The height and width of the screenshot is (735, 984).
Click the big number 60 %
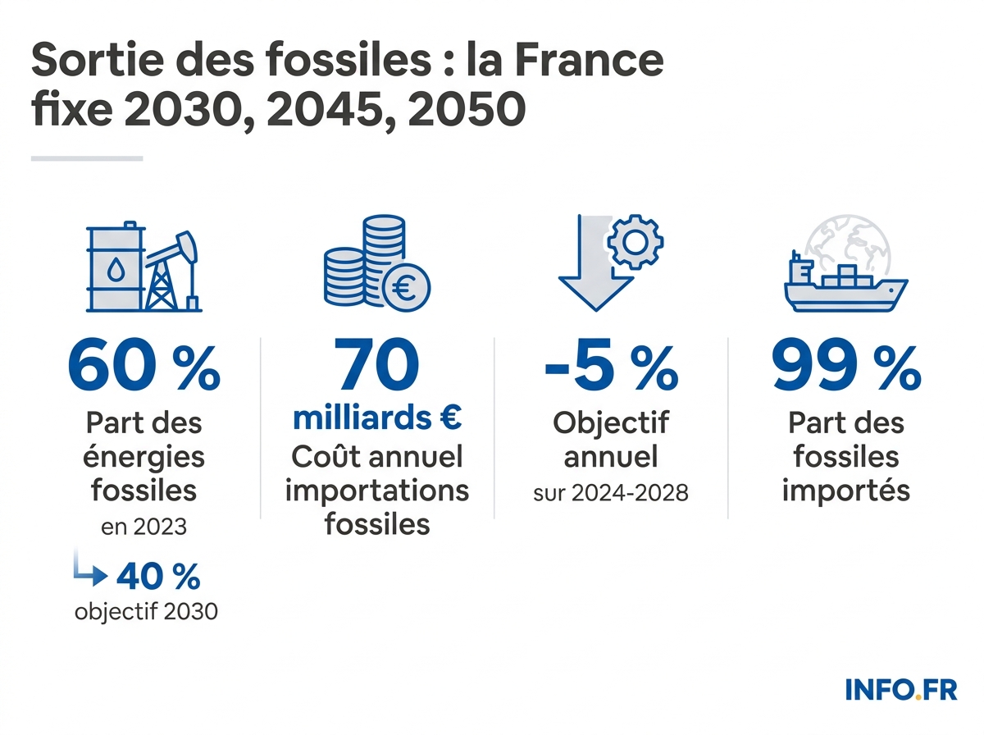(x=143, y=366)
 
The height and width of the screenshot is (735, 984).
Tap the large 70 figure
(x=377, y=366)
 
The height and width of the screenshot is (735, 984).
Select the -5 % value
(x=611, y=366)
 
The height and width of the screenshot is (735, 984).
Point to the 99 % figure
(x=845, y=366)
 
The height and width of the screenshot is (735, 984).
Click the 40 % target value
(x=158, y=577)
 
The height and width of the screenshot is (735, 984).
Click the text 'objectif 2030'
(x=146, y=612)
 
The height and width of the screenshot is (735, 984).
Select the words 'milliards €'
(x=377, y=418)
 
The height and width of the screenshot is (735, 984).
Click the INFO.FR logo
(x=900, y=689)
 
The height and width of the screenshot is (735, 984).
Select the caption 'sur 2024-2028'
(x=611, y=493)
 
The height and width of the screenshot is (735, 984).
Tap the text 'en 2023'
(x=143, y=526)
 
